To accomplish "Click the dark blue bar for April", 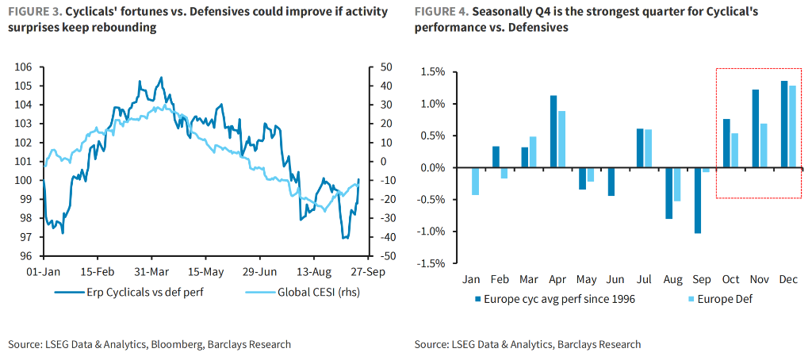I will [x=553, y=132].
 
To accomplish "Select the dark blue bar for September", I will [x=698, y=201].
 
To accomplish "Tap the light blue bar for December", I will [x=792, y=127].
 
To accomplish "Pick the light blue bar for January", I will [x=476, y=182].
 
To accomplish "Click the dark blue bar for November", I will [x=756, y=128].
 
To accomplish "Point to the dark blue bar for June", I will [x=611, y=182].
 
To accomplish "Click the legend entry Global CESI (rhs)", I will [x=307, y=293].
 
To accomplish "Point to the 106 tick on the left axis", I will [x=24, y=67].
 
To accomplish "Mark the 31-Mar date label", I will [x=149, y=272].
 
